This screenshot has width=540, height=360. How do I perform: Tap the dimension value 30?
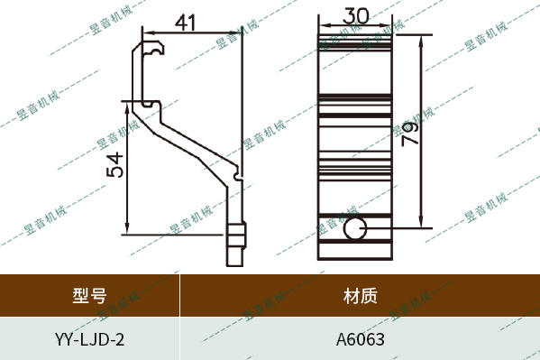click(x=355, y=17)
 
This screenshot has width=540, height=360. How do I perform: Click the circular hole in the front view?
click(x=355, y=228)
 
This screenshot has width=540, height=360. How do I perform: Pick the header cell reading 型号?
click(x=89, y=295)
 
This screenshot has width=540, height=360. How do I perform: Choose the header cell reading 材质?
click(x=360, y=295)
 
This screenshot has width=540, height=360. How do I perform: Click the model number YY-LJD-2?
click(x=89, y=340)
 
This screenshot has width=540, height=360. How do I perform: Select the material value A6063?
click(x=360, y=340)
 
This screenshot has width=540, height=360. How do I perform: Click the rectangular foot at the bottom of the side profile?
click(x=235, y=244)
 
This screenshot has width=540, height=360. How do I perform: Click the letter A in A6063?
click(x=342, y=340)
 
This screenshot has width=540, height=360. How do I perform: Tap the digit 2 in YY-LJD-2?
click(x=120, y=340)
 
